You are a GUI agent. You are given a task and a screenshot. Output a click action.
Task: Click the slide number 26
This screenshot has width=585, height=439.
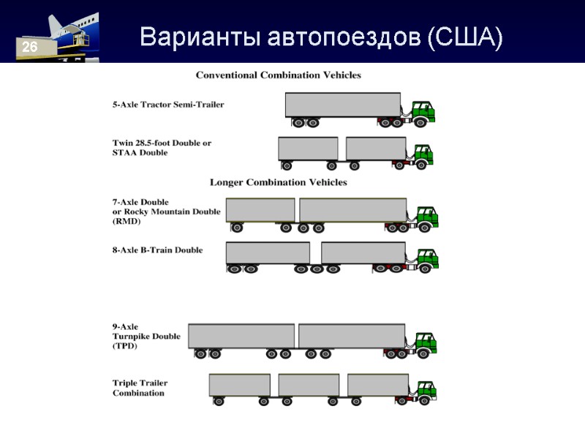pos(29,48)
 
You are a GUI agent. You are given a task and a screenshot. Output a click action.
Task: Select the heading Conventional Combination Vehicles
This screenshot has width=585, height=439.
pos(278,75)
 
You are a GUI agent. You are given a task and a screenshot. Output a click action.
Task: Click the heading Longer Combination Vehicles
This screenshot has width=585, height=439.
pos(279,182)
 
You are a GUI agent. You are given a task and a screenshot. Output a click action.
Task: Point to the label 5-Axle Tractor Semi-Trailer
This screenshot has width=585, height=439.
pos(168,105)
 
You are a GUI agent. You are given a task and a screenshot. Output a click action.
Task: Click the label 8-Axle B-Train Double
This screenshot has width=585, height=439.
pos(158,250)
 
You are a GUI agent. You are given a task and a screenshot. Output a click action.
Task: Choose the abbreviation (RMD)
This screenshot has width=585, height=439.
pos(127,221)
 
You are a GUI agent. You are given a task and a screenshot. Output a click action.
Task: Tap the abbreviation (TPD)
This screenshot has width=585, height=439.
pos(126,346)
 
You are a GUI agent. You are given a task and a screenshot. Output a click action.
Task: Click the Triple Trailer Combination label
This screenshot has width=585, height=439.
pos(138,388)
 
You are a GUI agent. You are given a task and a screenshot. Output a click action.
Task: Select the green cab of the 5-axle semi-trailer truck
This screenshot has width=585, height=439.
pos(422,111)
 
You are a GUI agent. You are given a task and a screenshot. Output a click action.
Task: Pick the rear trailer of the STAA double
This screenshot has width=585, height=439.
pos(308,149)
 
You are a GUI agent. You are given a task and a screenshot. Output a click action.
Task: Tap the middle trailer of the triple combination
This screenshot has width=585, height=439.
pos(308,385)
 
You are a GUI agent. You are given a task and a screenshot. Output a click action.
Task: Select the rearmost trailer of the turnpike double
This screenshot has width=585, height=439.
pos(241,336)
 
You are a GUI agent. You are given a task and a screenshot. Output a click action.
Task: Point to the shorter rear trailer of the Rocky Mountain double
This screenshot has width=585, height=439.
pos(260,210)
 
